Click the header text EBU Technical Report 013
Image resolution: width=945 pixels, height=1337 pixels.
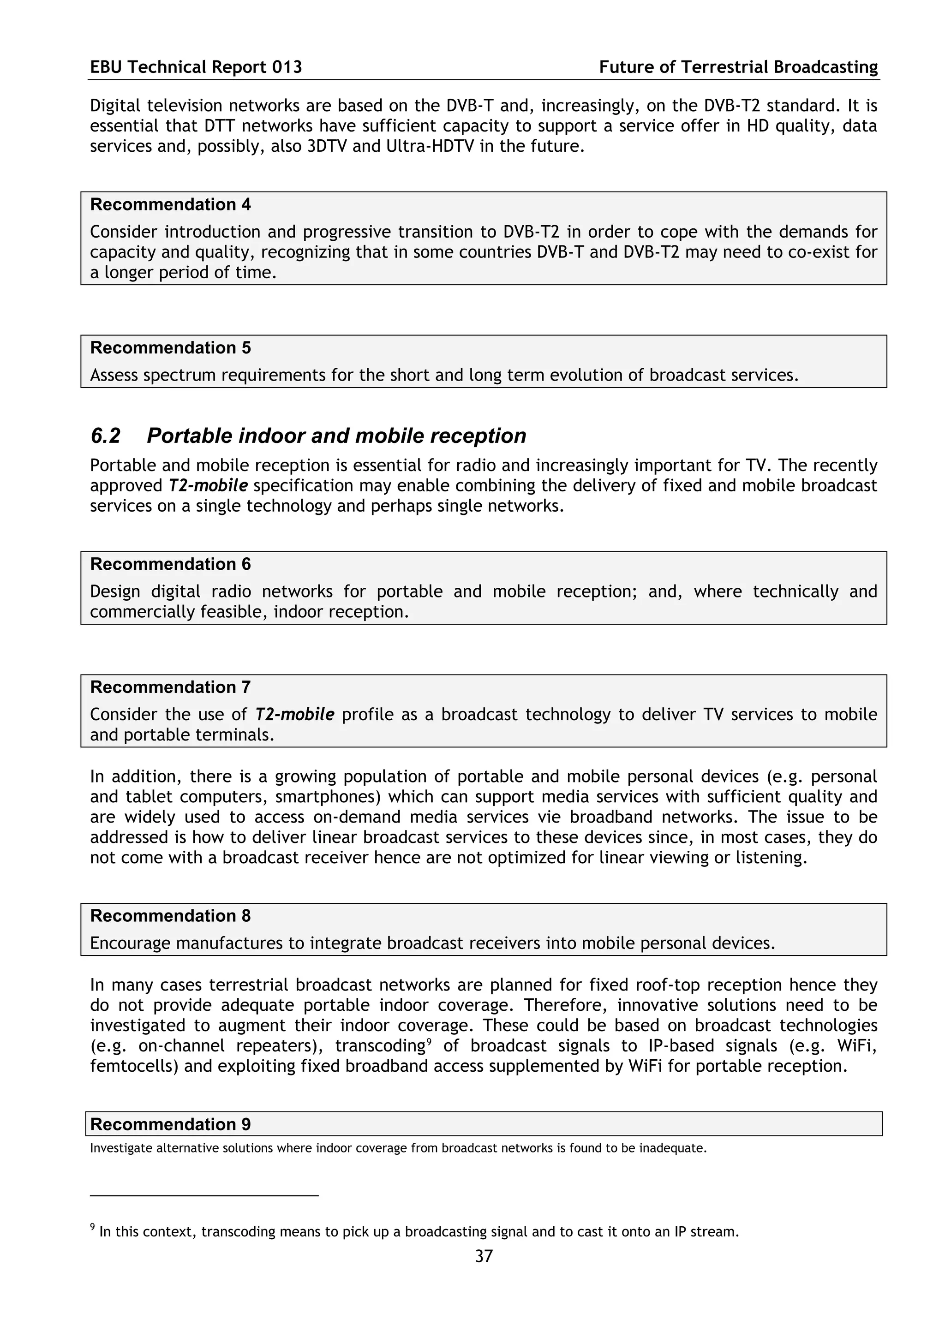(196, 67)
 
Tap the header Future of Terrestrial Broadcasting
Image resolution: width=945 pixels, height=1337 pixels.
(738, 67)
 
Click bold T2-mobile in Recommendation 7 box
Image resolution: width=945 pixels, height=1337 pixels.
(295, 715)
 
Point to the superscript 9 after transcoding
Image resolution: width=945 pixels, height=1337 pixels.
(429, 1042)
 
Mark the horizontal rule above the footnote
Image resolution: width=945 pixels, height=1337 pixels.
(204, 1195)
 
